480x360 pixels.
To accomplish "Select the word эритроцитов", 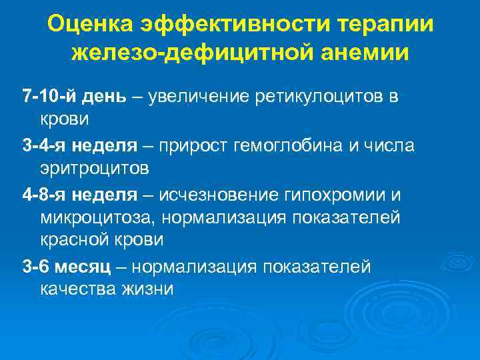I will [93, 167].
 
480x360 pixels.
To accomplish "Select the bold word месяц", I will [87, 267].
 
